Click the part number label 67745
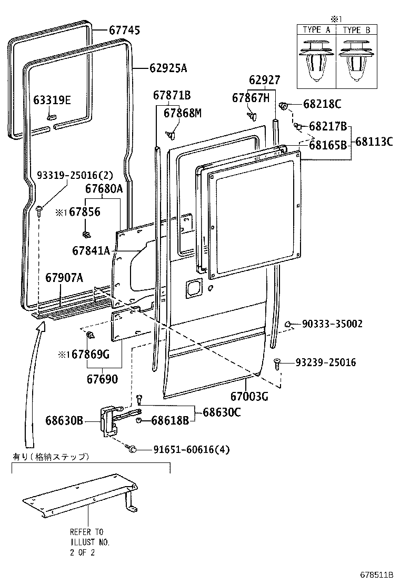pyautogui.click(x=125, y=31)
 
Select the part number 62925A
pyautogui.click(x=168, y=68)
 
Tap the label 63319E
pyautogui.click(x=52, y=100)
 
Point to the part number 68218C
pyautogui.click(x=323, y=104)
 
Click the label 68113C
pyautogui.click(x=374, y=141)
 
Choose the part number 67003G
pyautogui.click(x=249, y=396)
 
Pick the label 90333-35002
pyautogui.click(x=332, y=324)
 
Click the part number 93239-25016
pyautogui.click(x=325, y=362)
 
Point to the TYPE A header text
pyautogui.click(x=316, y=30)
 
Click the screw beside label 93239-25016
pyautogui.click(x=278, y=362)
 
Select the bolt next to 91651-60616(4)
pyautogui.click(x=132, y=448)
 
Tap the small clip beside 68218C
pyautogui.click(x=283, y=106)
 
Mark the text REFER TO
pyautogui.click(x=87, y=532)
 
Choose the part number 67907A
pyautogui.click(x=64, y=277)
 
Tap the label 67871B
pyautogui.click(x=172, y=95)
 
